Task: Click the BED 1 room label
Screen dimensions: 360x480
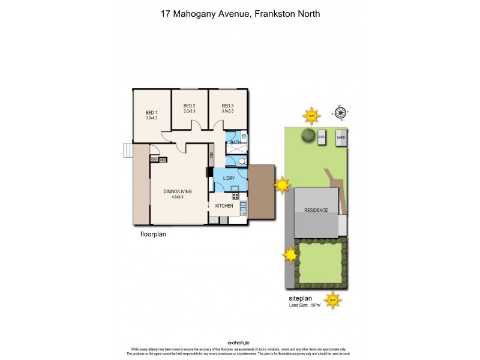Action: click(x=151, y=112)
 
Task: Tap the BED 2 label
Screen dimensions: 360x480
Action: click(x=190, y=106)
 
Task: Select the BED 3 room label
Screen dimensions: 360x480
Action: click(x=227, y=106)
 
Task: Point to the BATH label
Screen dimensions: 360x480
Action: click(x=235, y=142)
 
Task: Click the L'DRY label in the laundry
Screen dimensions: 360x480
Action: click(x=229, y=179)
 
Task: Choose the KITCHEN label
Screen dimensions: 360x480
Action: click(x=224, y=206)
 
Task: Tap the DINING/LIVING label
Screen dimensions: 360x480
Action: click(x=176, y=192)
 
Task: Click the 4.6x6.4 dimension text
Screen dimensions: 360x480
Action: click(x=176, y=197)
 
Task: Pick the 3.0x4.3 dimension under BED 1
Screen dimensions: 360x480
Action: click(x=151, y=118)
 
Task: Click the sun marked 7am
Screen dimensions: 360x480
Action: click(x=311, y=115)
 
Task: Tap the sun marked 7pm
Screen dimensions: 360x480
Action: click(x=332, y=299)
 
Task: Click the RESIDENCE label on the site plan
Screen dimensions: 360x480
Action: click(x=316, y=210)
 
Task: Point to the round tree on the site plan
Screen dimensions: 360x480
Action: click(x=310, y=135)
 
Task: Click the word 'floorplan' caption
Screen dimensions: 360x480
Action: click(x=149, y=235)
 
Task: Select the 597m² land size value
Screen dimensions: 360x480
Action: click(x=315, y=305)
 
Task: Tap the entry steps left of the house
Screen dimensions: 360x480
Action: click(x=127, y=150)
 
